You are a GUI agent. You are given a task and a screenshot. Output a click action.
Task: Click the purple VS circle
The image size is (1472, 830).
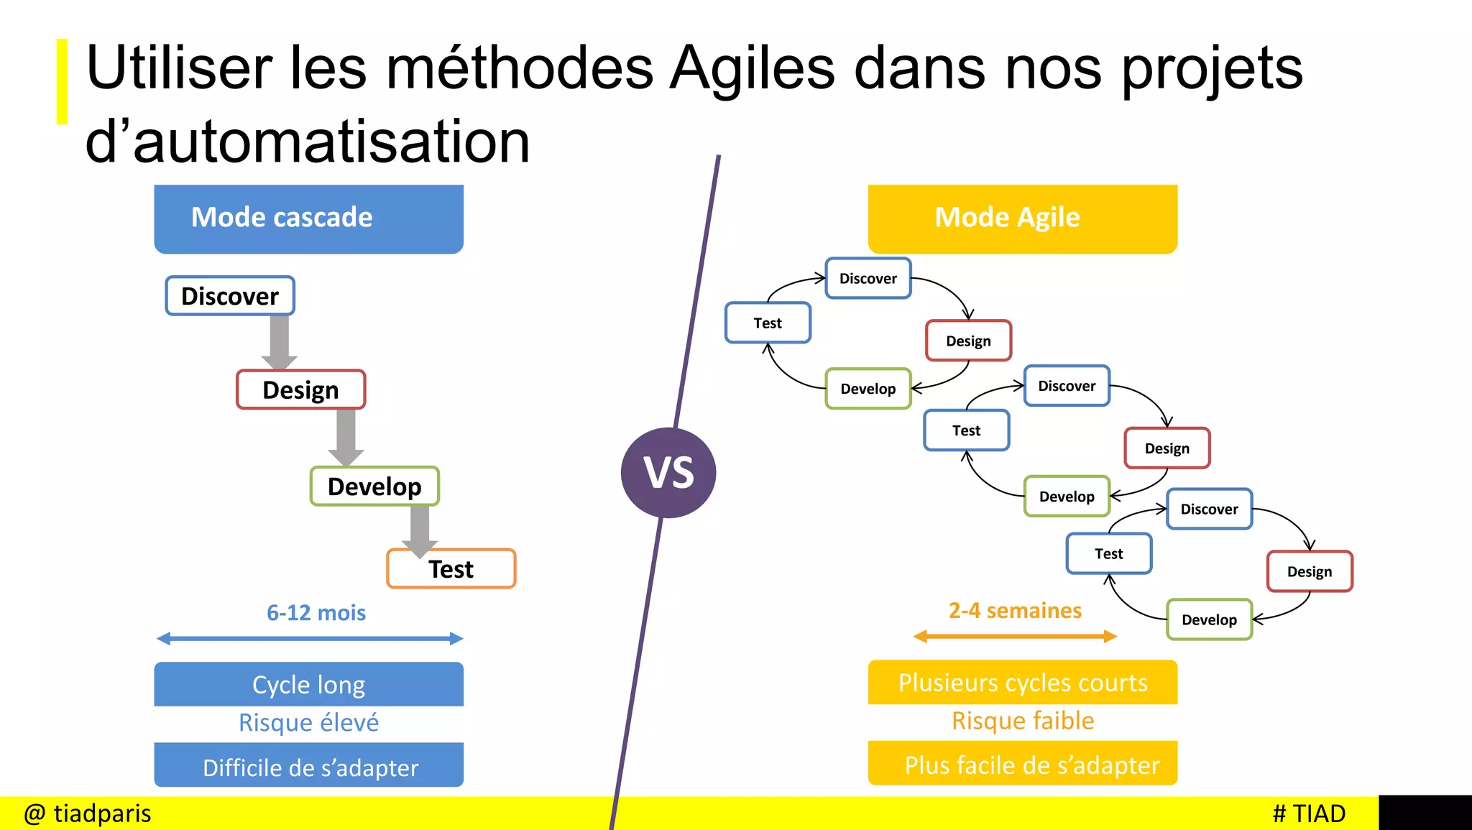[668, 472]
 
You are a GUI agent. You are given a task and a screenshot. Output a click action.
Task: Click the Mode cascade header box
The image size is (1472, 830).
[308, 218]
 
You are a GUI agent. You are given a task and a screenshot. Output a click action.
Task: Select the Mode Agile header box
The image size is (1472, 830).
[1022, 218]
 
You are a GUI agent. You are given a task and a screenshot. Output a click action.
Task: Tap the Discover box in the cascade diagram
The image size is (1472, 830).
[230, 295]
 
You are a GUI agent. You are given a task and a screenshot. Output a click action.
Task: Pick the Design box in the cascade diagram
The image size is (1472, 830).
[300, 389]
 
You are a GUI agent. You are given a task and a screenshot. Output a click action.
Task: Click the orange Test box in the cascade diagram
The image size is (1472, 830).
[451, 569]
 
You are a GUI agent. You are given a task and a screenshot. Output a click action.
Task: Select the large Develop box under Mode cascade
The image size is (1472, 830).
[374, 487]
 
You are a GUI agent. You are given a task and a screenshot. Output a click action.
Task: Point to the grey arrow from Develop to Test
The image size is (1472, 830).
[420, 529]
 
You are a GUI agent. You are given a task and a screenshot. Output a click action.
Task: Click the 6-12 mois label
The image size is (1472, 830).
[316, 612]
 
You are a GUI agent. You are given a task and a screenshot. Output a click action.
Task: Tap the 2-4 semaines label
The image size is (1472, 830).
[1015, 610]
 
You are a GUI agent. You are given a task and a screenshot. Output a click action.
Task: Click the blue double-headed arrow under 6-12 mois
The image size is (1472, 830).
[309, 638]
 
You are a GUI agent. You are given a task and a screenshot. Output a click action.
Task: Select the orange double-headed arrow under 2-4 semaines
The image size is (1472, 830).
[1015, 636]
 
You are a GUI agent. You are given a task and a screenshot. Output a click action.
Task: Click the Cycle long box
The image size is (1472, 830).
[308, 684]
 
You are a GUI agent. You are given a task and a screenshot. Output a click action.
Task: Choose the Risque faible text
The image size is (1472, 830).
[1022, 720]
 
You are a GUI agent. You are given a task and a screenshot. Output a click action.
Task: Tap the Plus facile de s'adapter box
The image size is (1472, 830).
[1022, 764]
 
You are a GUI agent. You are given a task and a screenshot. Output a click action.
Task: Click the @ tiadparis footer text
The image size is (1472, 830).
[88, 813]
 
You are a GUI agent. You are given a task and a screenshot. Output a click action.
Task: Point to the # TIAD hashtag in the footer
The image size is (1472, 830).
[1308, 813]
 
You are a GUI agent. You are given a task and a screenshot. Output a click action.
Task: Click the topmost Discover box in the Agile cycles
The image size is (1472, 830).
[868, 278]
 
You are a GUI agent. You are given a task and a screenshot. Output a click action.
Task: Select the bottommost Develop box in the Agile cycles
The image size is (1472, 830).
[1209, 619]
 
